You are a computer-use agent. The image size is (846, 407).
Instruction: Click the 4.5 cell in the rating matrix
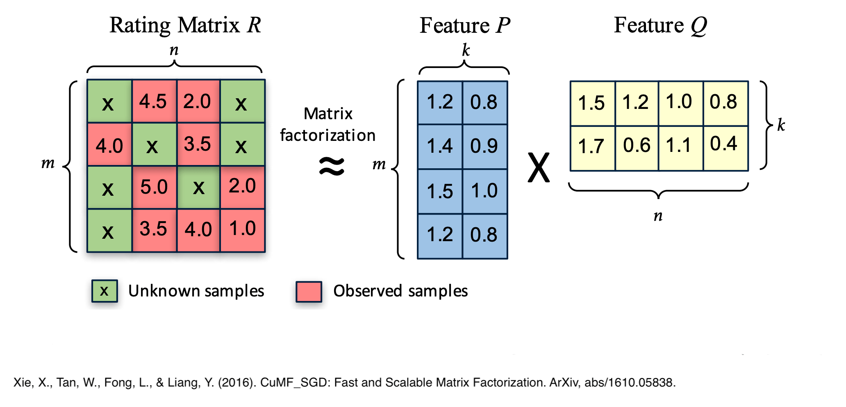coord(154,101)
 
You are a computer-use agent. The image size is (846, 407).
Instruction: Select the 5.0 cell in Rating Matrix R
coord(154,187)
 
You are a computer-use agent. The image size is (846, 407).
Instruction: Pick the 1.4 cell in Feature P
coord(440,147)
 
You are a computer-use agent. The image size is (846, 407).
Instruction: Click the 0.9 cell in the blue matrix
coord(485,147)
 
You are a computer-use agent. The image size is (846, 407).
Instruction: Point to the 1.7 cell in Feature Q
coord(592,148)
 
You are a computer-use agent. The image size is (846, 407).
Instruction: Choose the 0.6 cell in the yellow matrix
coord(637,148)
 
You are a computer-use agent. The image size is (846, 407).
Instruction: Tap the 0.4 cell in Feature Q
coord(725,148)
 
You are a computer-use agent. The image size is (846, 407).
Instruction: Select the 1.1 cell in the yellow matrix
coord(681,148)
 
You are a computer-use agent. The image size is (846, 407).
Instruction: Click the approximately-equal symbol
coord(332,166)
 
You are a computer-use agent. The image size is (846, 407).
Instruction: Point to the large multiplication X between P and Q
coord(538,167)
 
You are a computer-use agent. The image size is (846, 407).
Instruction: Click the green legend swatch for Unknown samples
coord(105,291)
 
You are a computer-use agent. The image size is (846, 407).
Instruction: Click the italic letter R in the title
coord(254,25)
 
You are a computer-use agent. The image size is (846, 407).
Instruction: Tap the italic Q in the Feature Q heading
coord(699,26)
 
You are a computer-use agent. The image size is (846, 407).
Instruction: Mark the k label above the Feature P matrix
coord(466,50)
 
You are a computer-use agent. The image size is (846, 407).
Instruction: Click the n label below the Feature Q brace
coord(658,215)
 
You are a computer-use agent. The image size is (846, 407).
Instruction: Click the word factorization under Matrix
coord(327,135)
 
